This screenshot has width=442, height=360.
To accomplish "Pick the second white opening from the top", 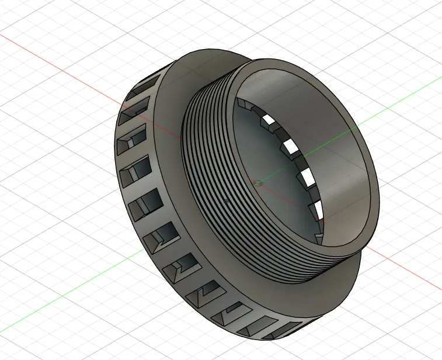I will click(286, 144).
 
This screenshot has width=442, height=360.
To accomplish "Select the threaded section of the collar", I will click(204, 175).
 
